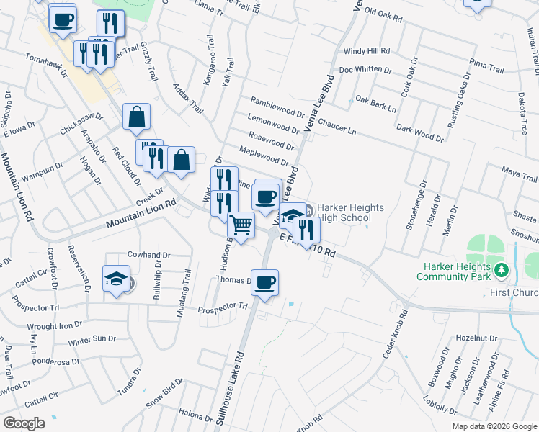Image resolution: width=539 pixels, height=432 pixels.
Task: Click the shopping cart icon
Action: pyautogui.click(x=241, y=225)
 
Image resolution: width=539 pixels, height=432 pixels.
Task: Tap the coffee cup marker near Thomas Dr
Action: pyautogui.click(x=265, y=282)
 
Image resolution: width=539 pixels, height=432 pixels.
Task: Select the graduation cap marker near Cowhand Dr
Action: pyautogui.click(x=115, y=278)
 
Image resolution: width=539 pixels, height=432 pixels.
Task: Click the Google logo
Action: pyautogui.click(x=24, y=423)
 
